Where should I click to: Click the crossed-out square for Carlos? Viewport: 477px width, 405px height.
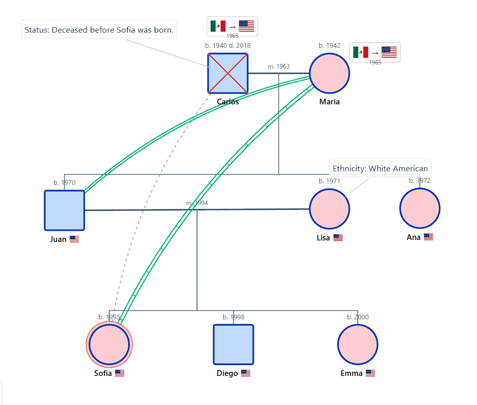pos(228,73)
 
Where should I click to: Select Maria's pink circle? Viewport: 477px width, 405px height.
pos(330,73)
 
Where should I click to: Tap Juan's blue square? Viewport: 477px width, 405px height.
pos(64,210)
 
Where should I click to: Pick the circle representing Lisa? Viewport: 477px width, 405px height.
pos(330,209)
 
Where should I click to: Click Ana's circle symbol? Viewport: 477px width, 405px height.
pos(420,208)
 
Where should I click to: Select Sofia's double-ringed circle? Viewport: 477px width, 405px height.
pos(110,344)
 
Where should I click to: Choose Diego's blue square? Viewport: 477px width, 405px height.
pos(234,344)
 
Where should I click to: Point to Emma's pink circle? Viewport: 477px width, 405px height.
pos(358,344)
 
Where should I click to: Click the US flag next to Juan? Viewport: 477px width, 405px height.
pos(74,239)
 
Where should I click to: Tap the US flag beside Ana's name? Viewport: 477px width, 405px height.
pos(428,237)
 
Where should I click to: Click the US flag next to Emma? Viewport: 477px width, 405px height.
pos(370,373)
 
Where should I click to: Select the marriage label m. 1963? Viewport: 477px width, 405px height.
pos(279,66)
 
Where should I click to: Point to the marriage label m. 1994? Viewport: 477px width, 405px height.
pos(197,203)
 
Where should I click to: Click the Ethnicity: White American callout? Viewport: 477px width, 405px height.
pos(380,168)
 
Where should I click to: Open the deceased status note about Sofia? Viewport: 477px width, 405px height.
pos(99,30)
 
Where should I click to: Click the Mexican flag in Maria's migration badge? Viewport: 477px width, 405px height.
pos(361,52)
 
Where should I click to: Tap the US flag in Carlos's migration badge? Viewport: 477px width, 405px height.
pos(247,26)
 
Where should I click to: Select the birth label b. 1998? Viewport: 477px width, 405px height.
pos(234,317)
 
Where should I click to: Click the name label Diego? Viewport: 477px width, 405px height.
pos(227,373)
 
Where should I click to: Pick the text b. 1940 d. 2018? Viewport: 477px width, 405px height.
pos(228,45)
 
